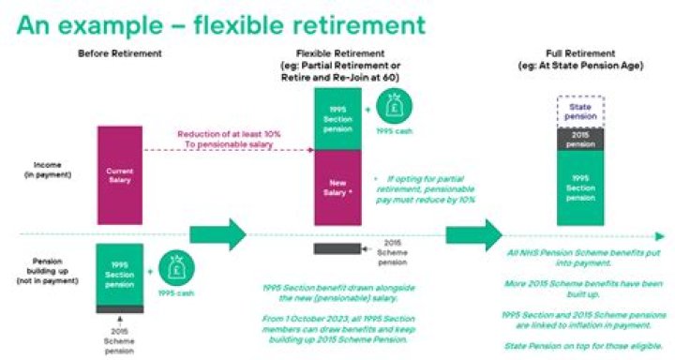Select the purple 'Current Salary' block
[119, 175]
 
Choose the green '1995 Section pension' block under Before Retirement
[119, 273]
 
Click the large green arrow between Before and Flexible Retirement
[217, 234]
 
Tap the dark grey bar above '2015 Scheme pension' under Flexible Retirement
[337, 249]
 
